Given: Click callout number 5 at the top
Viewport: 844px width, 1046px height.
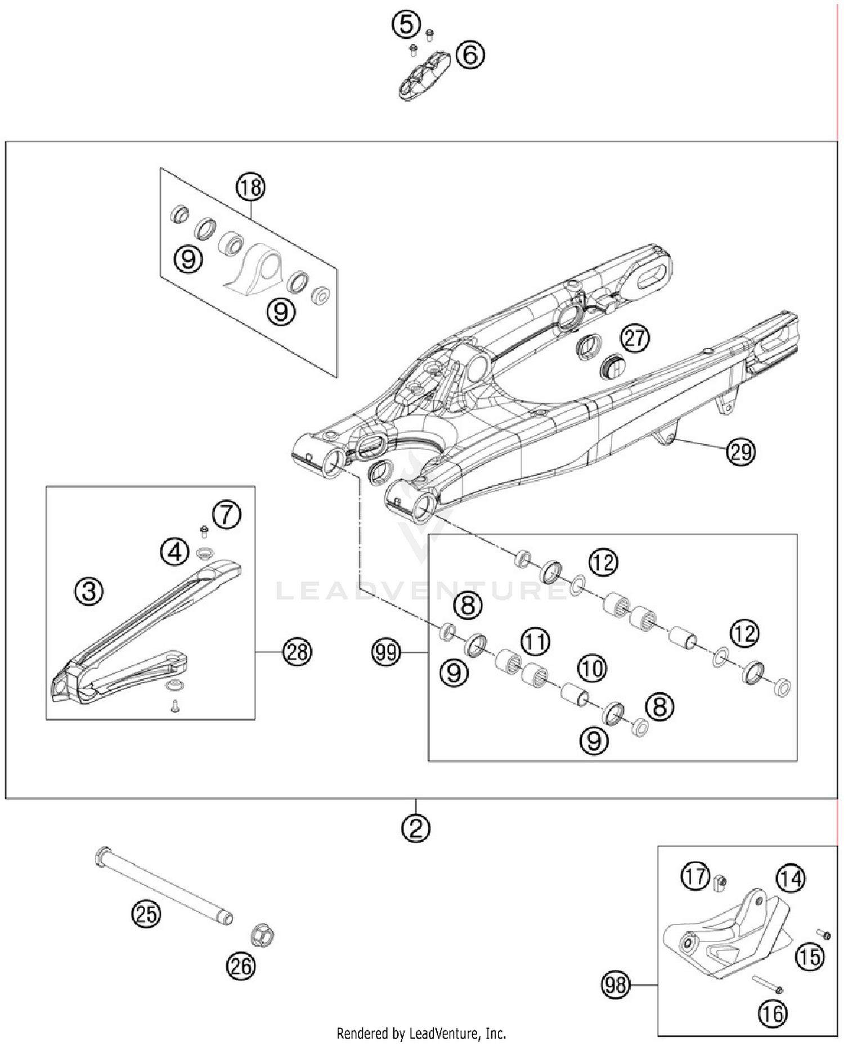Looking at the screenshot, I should click(406, 25).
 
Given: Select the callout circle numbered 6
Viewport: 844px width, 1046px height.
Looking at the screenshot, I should click(470, 55).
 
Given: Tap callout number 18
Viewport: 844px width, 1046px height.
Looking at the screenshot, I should click(250, 187).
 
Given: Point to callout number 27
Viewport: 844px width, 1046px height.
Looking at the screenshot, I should click(635, 339).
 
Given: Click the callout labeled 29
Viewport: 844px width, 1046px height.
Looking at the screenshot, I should click(740, 452).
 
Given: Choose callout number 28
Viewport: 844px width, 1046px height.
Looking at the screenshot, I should click(297, 652).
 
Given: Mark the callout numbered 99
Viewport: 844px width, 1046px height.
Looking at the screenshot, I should click(386, 652).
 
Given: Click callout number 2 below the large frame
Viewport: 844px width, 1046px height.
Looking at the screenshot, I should click(416, 828).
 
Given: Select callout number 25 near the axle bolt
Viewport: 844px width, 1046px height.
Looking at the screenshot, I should click(146, 914).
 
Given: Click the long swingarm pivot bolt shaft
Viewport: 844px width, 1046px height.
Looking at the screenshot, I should click(163, 883).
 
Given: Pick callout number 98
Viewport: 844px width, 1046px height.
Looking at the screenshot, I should click(616, 985).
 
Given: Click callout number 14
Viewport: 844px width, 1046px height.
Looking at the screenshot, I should click(791, 878).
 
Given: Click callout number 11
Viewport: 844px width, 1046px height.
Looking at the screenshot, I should click(535, 641).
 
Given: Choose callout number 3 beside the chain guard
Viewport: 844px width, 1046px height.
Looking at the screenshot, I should click(89, 591).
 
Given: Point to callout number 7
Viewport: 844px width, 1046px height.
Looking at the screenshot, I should click(227, 515).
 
